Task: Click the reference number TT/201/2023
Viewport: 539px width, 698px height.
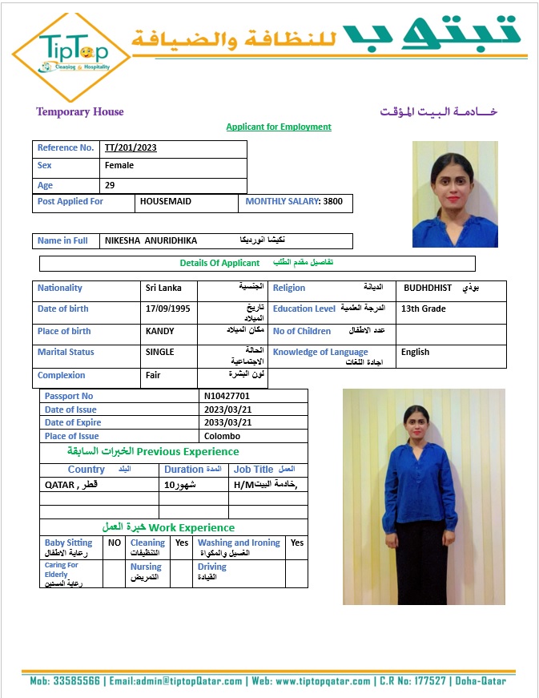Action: [x=131, y=148]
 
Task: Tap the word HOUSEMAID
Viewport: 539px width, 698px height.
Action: [x=166, y=202]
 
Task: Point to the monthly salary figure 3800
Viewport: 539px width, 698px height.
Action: [x=332, y=202]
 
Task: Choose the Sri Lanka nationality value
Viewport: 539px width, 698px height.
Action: [x=163, y=288]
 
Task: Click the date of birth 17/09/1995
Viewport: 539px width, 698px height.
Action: [x=168, y=309]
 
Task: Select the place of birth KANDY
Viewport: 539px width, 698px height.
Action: [x=160, y=331]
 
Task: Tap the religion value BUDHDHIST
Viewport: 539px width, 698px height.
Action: [x=428, y=288]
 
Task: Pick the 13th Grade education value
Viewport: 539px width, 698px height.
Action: [x=424, y=309]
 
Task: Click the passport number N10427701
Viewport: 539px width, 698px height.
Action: [x=227, y=396]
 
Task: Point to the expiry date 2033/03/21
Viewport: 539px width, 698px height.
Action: [x=228, y=423]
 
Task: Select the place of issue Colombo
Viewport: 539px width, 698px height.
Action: [x=223, y=437]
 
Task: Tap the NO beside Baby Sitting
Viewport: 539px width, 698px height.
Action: [x=115, y=543]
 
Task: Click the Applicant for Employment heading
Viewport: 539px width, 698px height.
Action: [x=279, y=127]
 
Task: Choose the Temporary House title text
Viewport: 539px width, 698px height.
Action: [x=80, y=112]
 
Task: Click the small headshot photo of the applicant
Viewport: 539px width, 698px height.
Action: [x=455, y=194]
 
